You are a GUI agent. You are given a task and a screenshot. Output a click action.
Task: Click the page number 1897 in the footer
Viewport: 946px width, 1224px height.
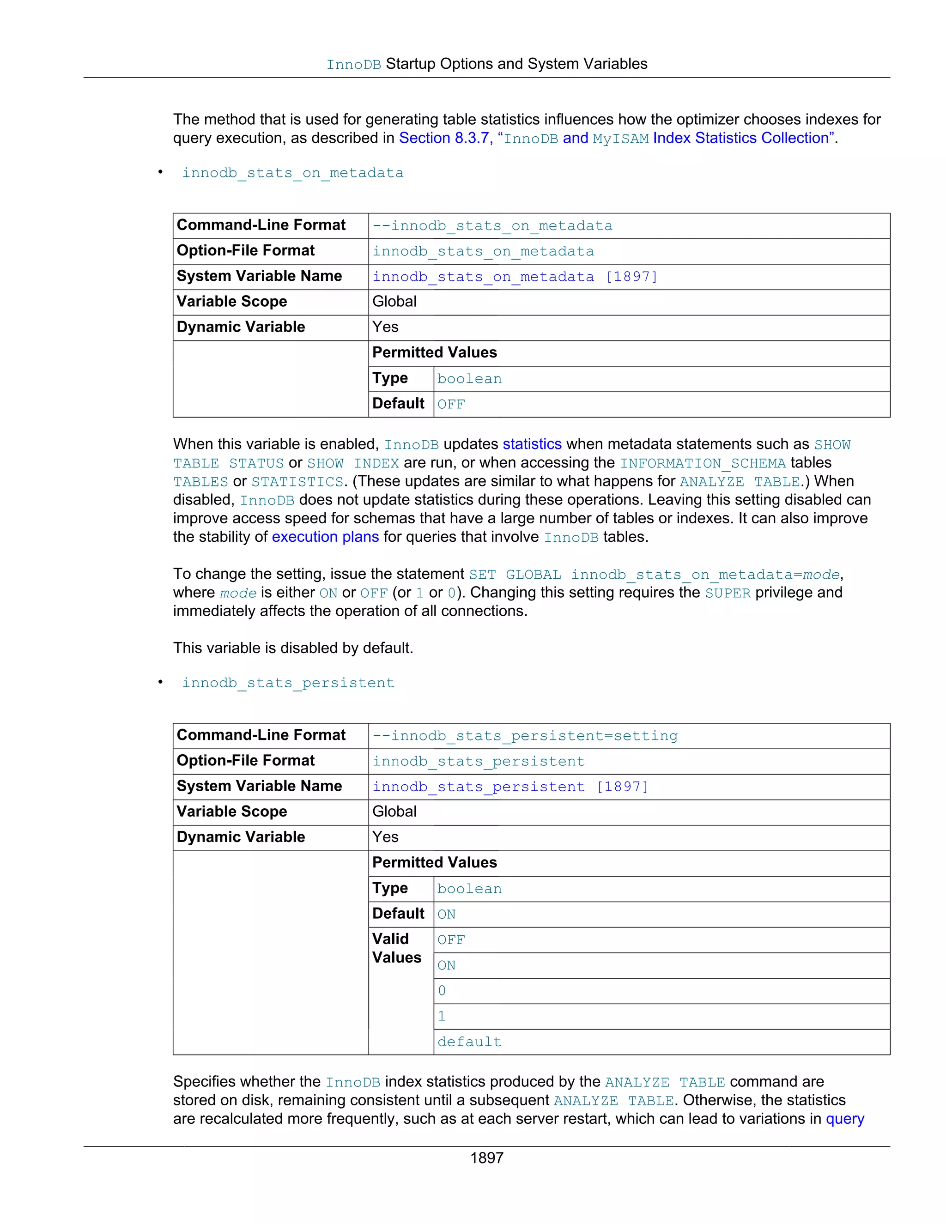486,1158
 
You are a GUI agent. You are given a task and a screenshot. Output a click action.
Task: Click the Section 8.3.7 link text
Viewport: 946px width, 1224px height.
443,138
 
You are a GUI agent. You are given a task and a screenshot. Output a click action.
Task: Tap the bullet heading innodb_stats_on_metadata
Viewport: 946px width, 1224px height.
292,173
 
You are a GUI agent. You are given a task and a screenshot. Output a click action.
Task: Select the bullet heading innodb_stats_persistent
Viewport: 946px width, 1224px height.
288,683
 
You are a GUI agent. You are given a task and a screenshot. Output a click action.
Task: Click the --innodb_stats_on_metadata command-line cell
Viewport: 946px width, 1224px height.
492,226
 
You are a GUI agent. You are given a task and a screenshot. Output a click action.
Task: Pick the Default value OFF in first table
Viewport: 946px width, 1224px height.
451,404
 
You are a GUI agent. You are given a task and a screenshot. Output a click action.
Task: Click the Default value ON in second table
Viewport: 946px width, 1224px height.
446,914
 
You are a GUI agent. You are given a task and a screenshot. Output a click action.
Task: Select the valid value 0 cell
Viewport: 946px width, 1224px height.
442,991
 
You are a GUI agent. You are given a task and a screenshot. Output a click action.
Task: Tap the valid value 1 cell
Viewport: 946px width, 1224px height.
442,1016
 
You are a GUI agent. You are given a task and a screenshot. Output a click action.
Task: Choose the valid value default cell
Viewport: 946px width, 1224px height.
469,1042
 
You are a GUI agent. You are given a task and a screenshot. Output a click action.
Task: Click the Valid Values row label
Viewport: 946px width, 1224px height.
396,948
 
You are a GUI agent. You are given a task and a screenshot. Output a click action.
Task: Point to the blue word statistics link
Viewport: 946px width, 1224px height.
532,444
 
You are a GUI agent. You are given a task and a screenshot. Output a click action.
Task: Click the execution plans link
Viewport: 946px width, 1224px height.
325,537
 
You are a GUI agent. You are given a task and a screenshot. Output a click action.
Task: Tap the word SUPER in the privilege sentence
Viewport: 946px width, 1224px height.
728,593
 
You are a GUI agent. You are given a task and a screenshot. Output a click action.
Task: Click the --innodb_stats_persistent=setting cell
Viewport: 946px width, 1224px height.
525,736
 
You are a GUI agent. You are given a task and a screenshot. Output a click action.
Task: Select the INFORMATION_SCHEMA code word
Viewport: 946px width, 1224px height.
703,463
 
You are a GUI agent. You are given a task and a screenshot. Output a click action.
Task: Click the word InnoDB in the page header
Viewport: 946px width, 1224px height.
354,65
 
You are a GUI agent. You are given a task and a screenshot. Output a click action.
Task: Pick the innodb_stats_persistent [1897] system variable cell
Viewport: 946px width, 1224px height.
510,787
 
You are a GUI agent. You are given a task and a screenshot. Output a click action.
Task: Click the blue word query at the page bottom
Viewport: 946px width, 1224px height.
844,1119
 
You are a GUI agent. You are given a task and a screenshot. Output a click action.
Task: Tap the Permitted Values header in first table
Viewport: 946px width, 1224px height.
434,352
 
